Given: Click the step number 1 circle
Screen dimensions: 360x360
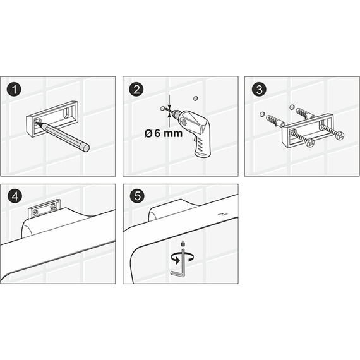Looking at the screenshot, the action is (15, 90).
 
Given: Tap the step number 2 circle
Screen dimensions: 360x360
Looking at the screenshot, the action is (136, 90).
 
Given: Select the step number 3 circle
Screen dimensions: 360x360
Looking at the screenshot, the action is (259, 90).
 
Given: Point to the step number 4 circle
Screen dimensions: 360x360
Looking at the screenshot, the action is (15, 196).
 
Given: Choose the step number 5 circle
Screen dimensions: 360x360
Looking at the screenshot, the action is (137, 196).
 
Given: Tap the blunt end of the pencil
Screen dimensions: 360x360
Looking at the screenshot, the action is (86, 148).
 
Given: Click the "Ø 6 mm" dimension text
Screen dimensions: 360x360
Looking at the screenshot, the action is (164, 133).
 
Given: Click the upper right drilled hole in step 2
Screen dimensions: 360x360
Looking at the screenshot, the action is (195, 99).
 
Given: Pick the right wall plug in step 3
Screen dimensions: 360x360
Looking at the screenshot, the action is (304, 113).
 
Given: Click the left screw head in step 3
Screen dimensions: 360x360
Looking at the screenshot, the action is (309, 143).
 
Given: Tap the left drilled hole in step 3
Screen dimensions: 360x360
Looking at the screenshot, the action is (262, 114).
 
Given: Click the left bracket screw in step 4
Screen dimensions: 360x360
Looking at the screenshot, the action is (35, 213).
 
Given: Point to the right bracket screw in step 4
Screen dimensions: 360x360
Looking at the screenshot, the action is (53, 207).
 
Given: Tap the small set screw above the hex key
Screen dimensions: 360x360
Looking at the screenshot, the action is (183, 244).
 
